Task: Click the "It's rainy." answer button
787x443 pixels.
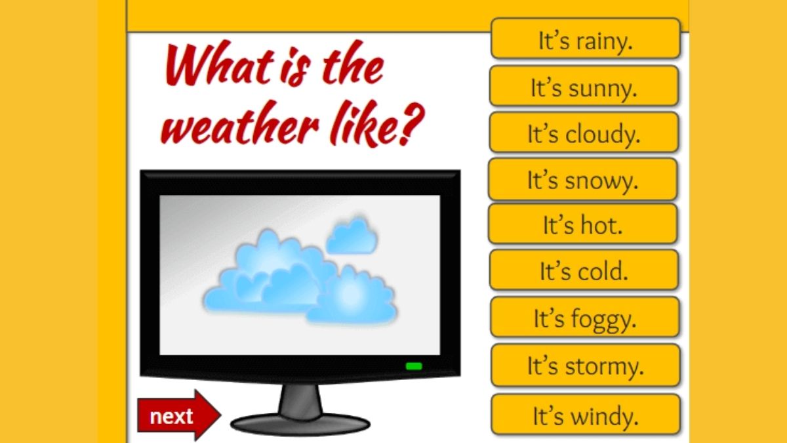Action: click(585, 38)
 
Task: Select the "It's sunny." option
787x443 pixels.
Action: click(584, 86)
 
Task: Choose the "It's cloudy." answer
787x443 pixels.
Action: click(584, 132)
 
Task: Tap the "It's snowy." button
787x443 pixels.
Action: click(583, 179)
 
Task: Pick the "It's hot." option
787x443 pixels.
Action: click(583, 224)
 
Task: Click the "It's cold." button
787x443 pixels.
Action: click(584, 270)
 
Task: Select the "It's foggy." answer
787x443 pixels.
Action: click(585, 317)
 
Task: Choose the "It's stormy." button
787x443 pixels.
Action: click(586, 366)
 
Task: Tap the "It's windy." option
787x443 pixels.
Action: click(586, 415)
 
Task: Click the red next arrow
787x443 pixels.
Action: click(179, 415)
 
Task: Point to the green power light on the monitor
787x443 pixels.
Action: click(414, 366)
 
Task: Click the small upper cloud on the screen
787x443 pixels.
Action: click(352, 236)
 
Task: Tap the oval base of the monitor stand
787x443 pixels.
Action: click(300, 425)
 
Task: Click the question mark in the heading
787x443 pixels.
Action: click(412, 125)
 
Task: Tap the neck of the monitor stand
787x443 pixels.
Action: click(300, 400)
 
